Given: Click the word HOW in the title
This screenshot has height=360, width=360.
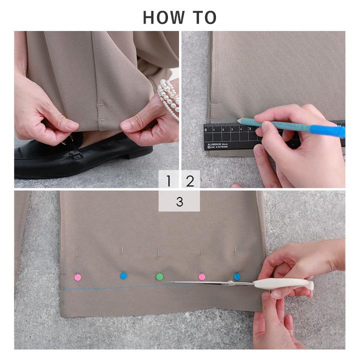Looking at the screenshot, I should pyautogui.click(x=161, y=17).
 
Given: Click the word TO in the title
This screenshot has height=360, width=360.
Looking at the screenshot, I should pyautogui.click(x=204, y=17).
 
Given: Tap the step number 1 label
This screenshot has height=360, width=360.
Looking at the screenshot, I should pyautogui.click(x=168, y=181).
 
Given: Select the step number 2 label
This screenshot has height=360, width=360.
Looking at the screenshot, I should pyautogui.click(x=190, y=181).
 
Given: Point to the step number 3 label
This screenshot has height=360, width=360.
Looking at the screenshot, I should pyautogui.click(x=179, y=201).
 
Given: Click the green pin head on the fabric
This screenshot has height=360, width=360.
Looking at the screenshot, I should pyautogui.click(x=159, y=276).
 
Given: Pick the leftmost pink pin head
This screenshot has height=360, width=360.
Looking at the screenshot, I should pyautogui.click(x=77, y=276).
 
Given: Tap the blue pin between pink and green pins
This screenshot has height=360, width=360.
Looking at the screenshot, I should pyautogui.click(x=123, y=275).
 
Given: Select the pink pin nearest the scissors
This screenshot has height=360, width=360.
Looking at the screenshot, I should pyautogui.click(x=201, y=276).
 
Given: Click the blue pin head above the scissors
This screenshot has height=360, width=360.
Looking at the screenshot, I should pyautogui.click(x=237, y=276).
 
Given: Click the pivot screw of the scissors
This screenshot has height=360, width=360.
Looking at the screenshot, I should pyautogui.click(x=231, y=283).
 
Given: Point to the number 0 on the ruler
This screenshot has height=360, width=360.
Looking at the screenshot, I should pyautogui.click(x=206, y=130).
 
